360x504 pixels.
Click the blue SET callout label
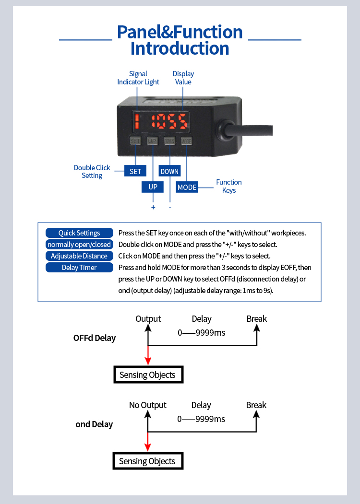(x=135, y=171)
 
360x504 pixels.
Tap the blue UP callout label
(x=153, y=187)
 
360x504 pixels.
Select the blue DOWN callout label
(x=169, y=171)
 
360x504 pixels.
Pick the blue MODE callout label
(x=187, y=187)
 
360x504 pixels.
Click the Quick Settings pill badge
(x=79, y=233)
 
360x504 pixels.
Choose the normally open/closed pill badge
(x=79, y=244)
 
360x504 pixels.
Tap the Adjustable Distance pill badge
(x=79, y=256)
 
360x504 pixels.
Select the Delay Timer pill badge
(x=79, y=268)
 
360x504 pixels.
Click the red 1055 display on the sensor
(x=169, y=121)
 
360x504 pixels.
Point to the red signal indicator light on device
(x=137, y=121)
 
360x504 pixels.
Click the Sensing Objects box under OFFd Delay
(x=148, y=375)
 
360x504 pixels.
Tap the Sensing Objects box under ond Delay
(x=148, y=461)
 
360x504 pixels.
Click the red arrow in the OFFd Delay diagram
(x=148, y=355)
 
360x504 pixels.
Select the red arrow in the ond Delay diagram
(x=148, y=442)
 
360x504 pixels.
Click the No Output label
(x=148, y=405)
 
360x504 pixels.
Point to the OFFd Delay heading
(x=94, y=338)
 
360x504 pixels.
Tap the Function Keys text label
(x=229, y=186)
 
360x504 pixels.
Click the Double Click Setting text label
(x=92, y=172)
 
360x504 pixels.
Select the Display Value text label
(x=183, y=78)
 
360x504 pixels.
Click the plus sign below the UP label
(x=153, y=207)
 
